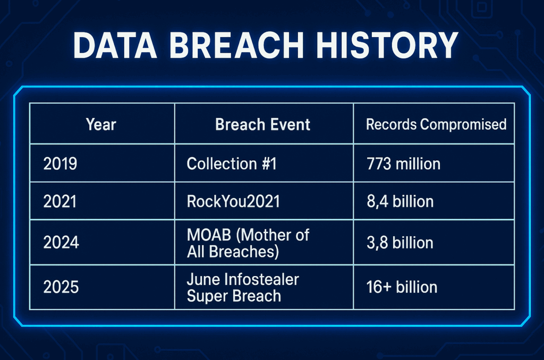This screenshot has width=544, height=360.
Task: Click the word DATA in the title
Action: coord(115,46)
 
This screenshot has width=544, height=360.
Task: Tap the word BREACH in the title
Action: coord(236,46)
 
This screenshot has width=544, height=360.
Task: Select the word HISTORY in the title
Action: coord(387,46)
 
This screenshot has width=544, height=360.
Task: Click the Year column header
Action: coord(101,124)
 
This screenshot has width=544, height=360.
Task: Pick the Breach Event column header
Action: coord(262,124)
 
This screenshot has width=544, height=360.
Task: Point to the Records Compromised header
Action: coord(436,124)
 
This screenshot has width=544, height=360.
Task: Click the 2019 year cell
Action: coord(60,164)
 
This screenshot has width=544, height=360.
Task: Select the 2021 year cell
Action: coord(59,201)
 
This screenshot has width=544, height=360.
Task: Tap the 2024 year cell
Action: coord(61,243)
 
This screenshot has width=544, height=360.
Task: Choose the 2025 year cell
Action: coord(61,287)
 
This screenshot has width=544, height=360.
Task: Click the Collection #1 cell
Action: coord(232,164)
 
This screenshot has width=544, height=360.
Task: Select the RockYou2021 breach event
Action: coord(233,201)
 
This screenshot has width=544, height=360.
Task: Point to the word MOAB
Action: coord(209,235)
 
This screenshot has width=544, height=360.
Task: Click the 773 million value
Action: coord(404,164)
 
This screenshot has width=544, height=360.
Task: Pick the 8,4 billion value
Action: coord(400,201)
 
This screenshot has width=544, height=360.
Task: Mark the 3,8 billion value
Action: coord(400,243)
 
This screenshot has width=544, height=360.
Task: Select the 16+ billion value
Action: coord(402,287)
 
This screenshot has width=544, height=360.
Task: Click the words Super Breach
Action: coord(234,296)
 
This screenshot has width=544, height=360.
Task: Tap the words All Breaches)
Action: coord(233,252)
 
